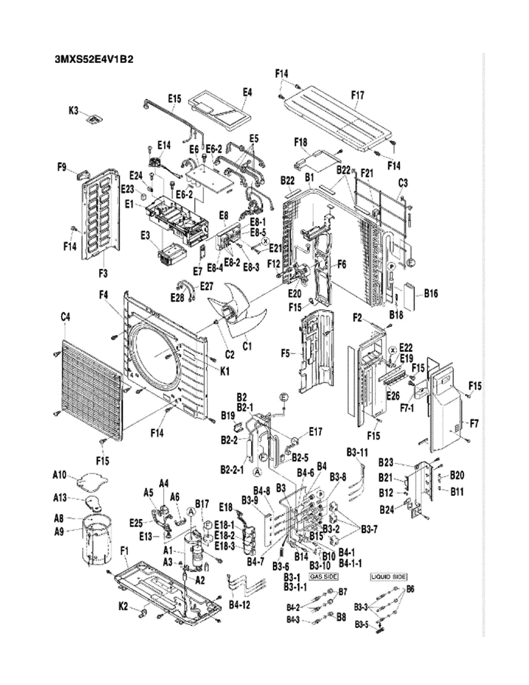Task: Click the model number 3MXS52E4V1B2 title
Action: click(x=94, y=59)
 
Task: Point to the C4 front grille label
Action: click(x=66, y=317)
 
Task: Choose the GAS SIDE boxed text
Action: click(x=323, y=577)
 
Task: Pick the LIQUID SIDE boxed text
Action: click(x=388, y=577)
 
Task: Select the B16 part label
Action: click(x=430, y=294)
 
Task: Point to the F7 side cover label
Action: click(x=474, y=424)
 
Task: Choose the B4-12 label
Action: click(x=240, y=605)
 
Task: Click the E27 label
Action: click(x=206, y=286)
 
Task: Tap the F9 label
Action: click(x=62, y=167)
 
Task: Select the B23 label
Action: click(x=386, y=462)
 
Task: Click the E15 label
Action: click(x=174, y=98)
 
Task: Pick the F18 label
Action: click(x=300, y=142)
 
